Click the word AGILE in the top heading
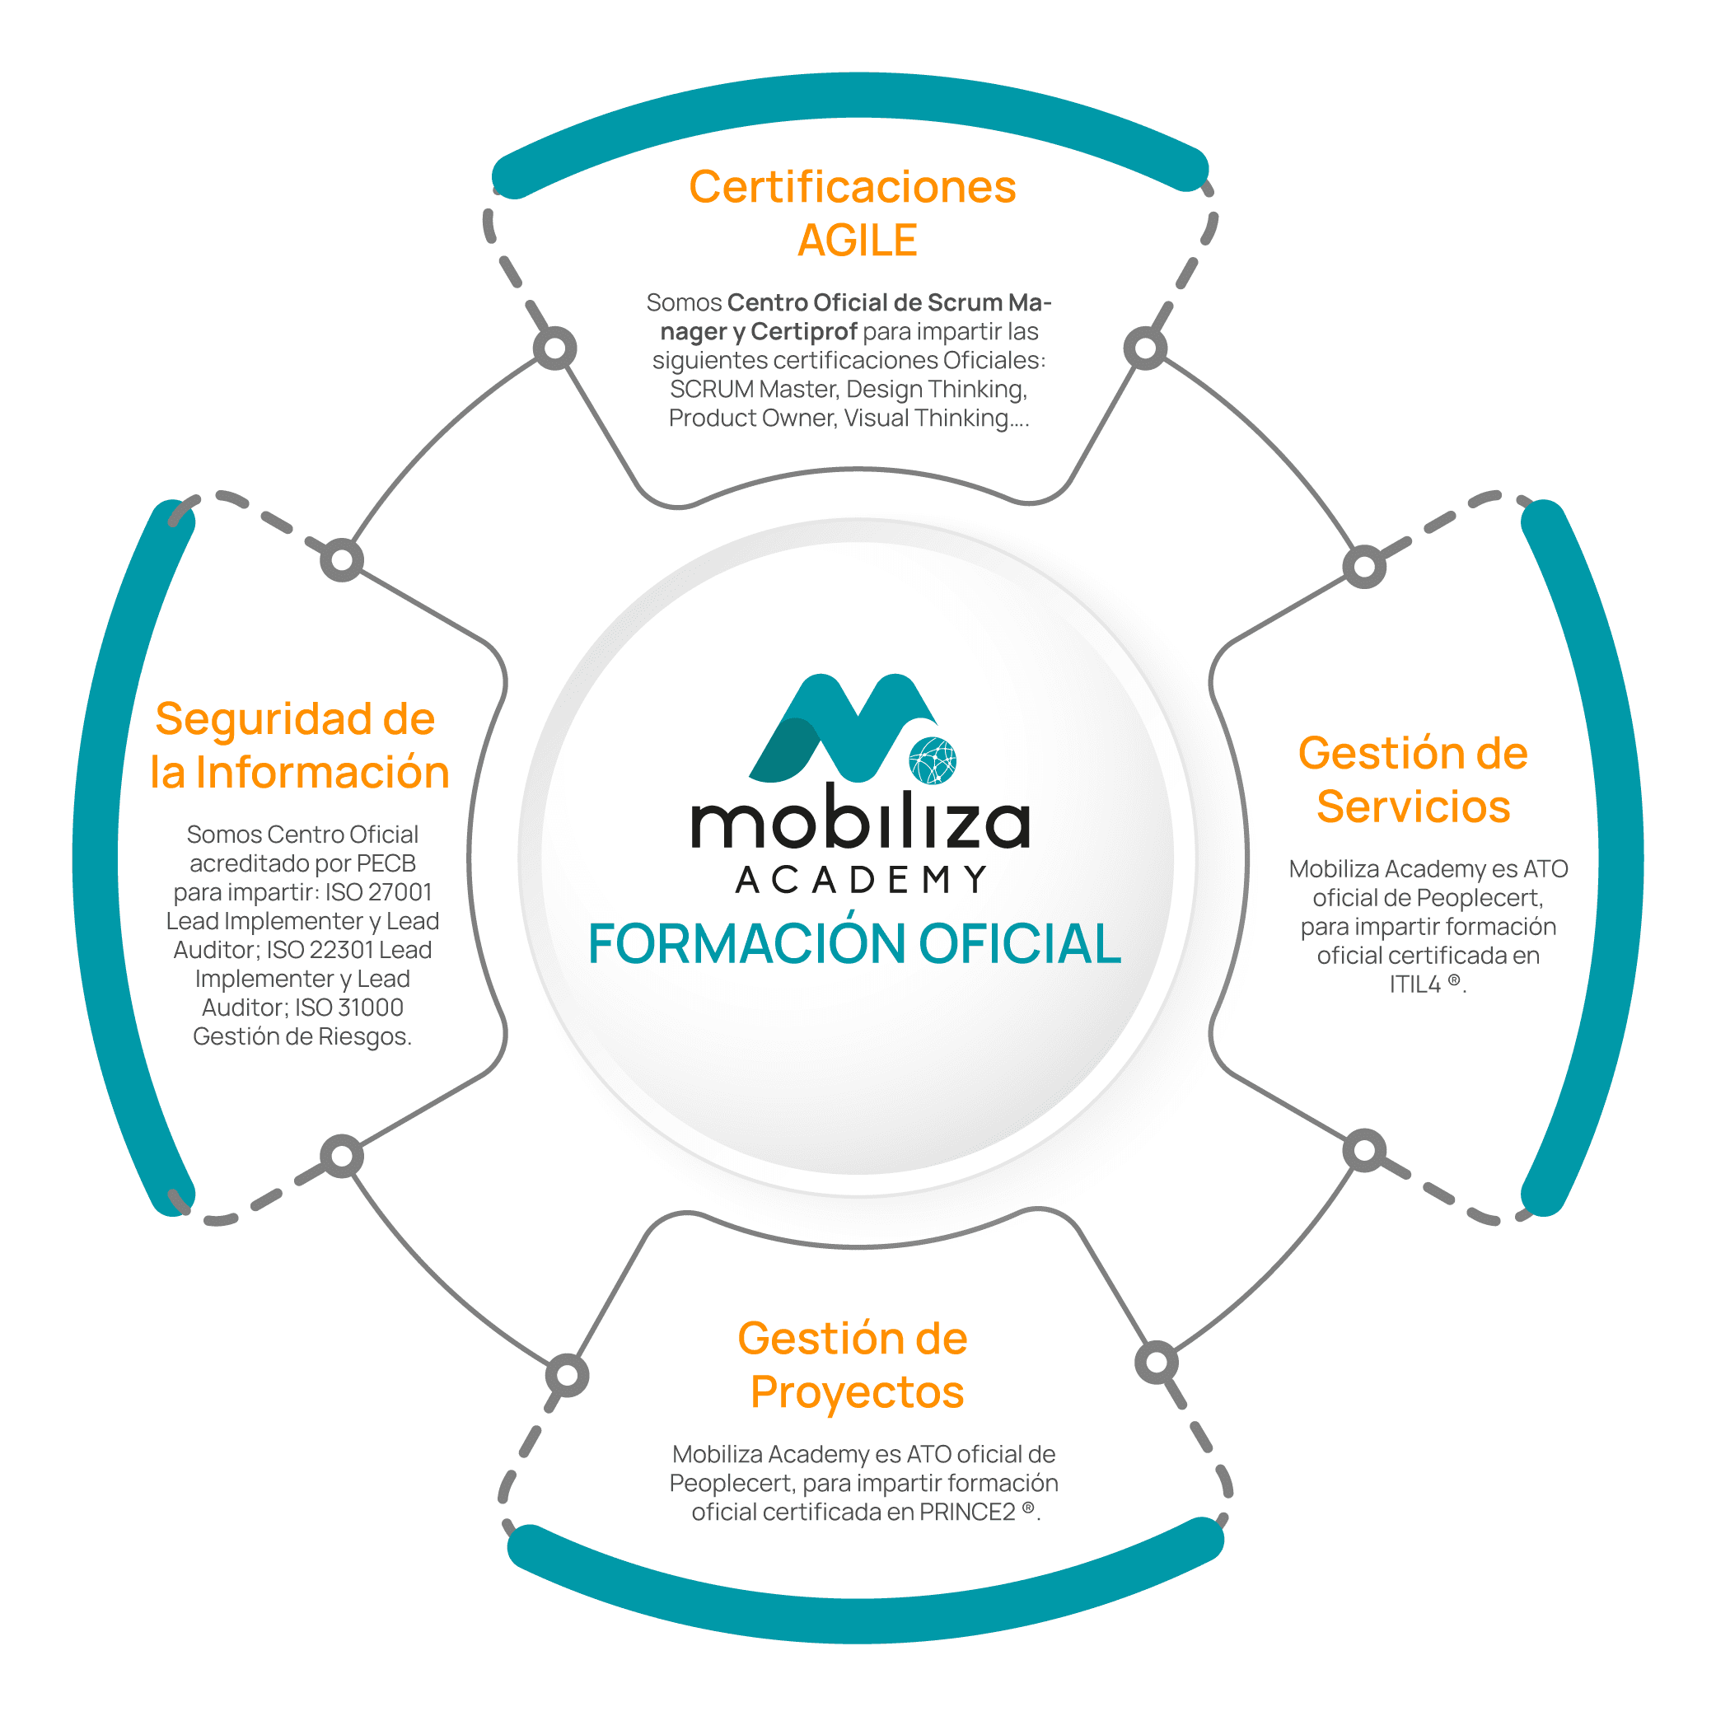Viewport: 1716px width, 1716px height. [857, 241]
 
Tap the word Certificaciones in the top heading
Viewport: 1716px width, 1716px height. [853, 187]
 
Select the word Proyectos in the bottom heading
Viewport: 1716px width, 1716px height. [857, 1391]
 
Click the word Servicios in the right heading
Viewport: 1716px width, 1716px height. [1413, 807]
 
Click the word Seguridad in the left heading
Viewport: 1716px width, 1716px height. [263, 718]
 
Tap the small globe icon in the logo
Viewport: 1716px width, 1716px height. [933, 761]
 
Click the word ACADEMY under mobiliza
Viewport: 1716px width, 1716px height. [862, 880]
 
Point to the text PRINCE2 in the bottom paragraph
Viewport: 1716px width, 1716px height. [967, 1513]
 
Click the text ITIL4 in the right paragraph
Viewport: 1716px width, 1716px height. [1415, 984]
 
